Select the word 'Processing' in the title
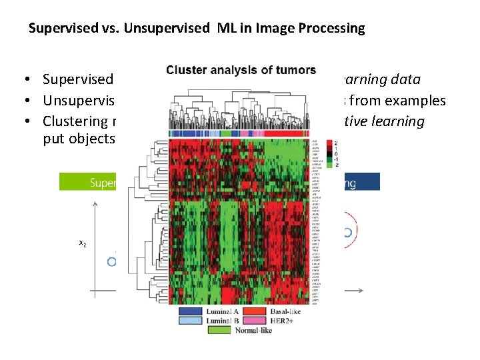pos(332,29)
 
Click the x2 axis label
pos(83,243)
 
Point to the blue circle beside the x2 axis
pos(112,261)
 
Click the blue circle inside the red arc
pos(347,233)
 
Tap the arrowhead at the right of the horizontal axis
pos(359,290)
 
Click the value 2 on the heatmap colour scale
pos(335,143)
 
